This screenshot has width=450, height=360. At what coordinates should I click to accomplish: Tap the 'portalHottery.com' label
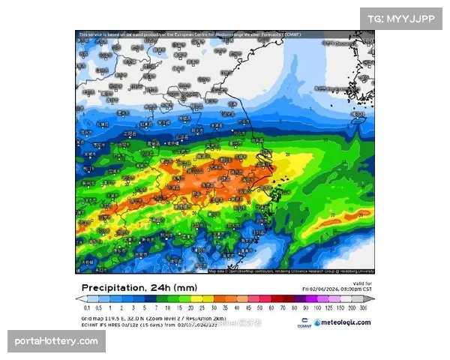click(x=57, y=341)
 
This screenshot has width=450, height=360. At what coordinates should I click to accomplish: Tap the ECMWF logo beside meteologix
click(x=304, y=323)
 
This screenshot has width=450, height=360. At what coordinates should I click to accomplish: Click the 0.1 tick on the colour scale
click(x=87, y=307)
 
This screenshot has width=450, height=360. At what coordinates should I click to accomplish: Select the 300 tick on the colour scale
click(x=363, y=307)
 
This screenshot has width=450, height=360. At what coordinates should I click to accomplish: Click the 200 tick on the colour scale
click(x=352, y=307)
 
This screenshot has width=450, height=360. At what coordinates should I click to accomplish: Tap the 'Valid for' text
click(x=361, y=283)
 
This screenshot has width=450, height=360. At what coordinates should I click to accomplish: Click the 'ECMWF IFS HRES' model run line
click(x=142, y=323)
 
